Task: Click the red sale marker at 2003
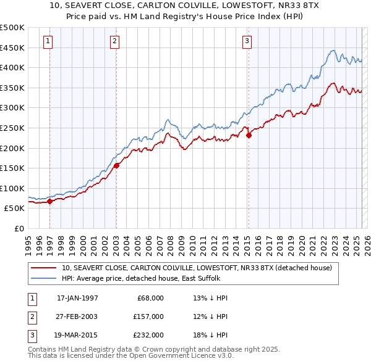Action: (116, 165)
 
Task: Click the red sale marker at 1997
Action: (50, 201)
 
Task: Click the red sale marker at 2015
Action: (248, 135)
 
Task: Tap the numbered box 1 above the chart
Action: (48, 41)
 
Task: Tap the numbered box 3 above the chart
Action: (247, 41)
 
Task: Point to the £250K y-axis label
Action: (12, 128)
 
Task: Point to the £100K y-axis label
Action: (12, 188)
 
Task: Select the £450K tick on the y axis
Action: (12, 48)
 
